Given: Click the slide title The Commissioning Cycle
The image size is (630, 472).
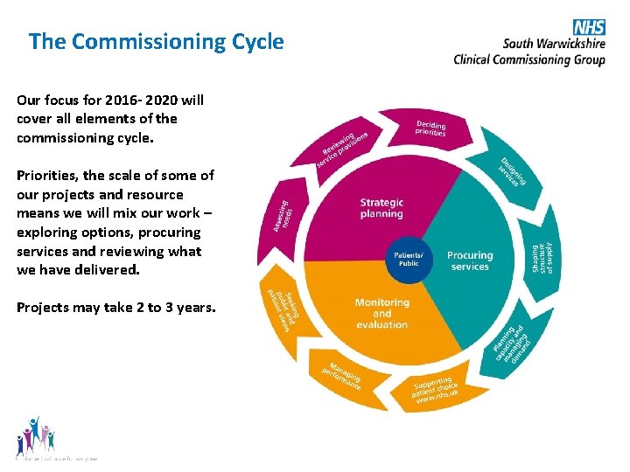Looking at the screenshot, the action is [x=156, y=41].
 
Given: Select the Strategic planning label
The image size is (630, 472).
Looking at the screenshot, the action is [x=381, y=208].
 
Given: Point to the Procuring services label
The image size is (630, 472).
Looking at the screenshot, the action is [x=470, y=260].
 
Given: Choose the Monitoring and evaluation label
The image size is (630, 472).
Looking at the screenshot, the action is [x=381, y=313].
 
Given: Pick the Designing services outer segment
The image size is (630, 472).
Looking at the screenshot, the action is [x=514, y=170].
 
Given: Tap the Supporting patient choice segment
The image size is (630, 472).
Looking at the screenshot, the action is [x=436, y=387].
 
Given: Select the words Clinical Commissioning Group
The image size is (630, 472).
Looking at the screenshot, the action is [x=528, y=59].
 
